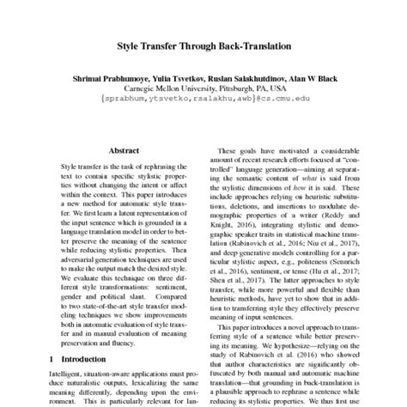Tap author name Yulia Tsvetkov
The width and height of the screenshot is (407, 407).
coord(178,77)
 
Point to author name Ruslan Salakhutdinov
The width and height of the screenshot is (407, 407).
coord(249,77)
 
